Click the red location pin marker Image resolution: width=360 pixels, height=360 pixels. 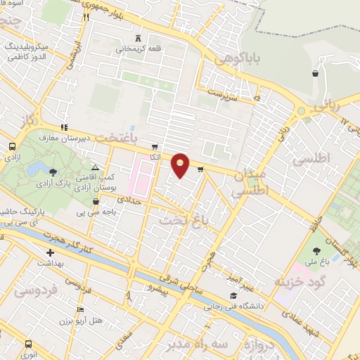[x=181, y=165]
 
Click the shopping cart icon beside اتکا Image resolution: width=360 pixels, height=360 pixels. [x=155, y=147]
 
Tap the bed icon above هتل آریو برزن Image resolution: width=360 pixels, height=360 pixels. [x=81, y=309]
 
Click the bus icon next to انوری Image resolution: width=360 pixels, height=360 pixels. [x=28, y=344]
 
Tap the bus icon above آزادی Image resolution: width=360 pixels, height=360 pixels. [x=12, y=146]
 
